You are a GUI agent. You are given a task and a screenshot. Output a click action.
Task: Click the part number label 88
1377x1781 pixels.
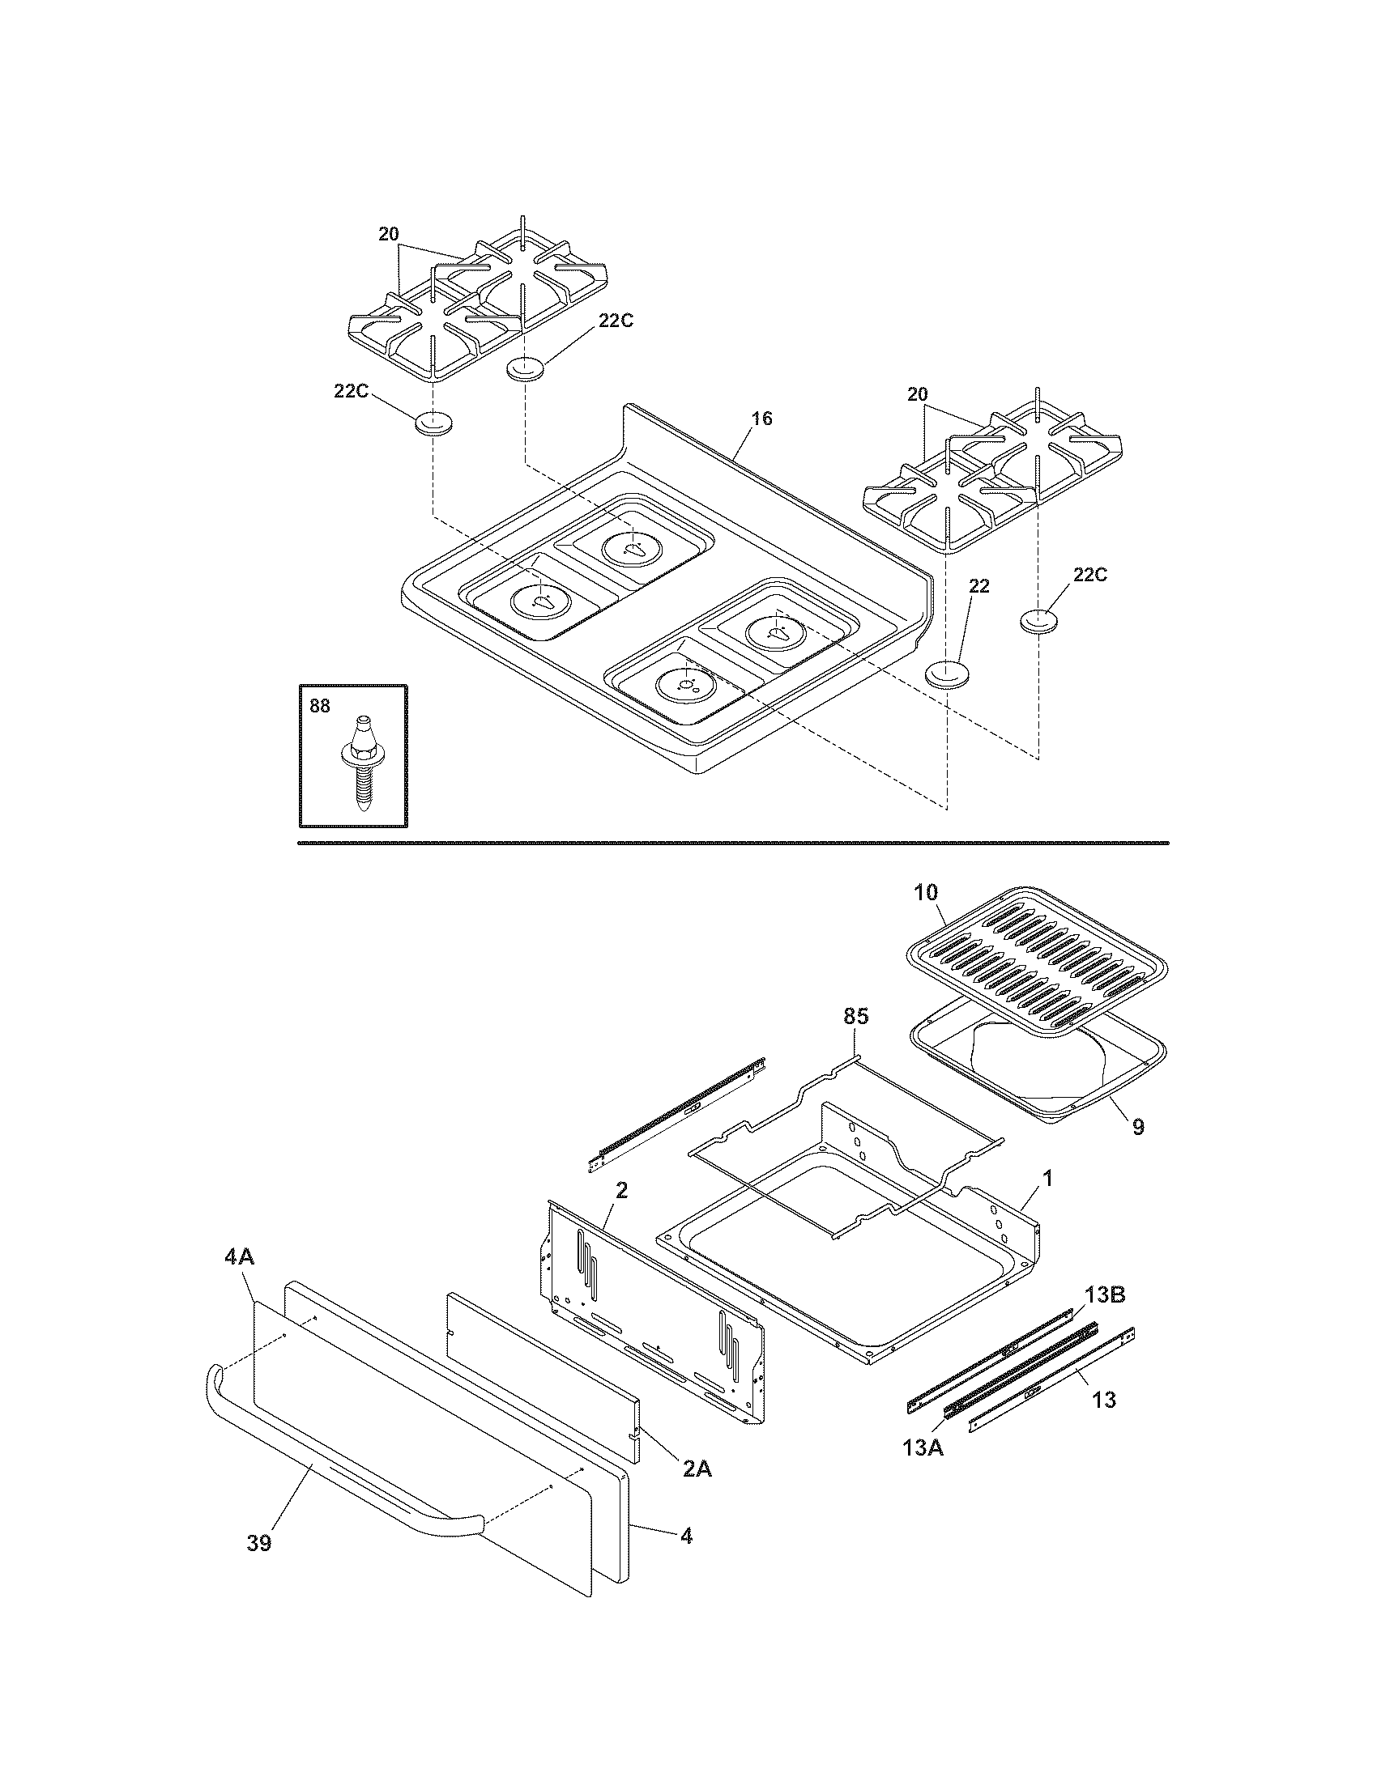point(320,706)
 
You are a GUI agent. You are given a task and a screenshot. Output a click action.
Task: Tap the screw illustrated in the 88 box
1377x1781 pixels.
point(360,763)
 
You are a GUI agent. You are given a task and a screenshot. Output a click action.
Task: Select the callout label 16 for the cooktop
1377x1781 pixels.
point(761,419)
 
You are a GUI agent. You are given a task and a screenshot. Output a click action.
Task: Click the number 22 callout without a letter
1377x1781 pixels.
point(979,586)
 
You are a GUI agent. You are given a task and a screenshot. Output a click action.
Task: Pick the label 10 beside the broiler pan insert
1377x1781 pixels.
point(926,892)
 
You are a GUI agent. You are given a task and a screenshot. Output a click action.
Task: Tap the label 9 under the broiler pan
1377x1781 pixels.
point(1137,1127)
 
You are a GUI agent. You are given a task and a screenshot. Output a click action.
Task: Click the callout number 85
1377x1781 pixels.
point(855,1016)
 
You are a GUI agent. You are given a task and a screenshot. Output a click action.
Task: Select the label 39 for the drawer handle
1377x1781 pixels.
point(258,1544)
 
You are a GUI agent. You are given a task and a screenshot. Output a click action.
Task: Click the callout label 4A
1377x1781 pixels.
point(239,1258)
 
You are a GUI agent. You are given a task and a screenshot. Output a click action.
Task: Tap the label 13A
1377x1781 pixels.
point(923,1448)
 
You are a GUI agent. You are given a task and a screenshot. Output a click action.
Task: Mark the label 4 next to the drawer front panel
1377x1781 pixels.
point(686,1537)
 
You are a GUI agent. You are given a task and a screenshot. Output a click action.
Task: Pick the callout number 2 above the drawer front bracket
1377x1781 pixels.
point(621,1191)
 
